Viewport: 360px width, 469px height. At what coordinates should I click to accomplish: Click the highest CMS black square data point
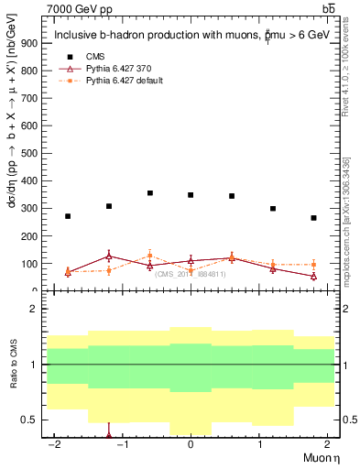pos(150,193)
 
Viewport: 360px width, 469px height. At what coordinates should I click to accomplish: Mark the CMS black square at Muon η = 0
pos(191,195)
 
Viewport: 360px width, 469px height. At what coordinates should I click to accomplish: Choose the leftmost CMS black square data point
pos(68,216)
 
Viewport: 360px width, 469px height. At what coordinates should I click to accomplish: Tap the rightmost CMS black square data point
pos(313,218)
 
